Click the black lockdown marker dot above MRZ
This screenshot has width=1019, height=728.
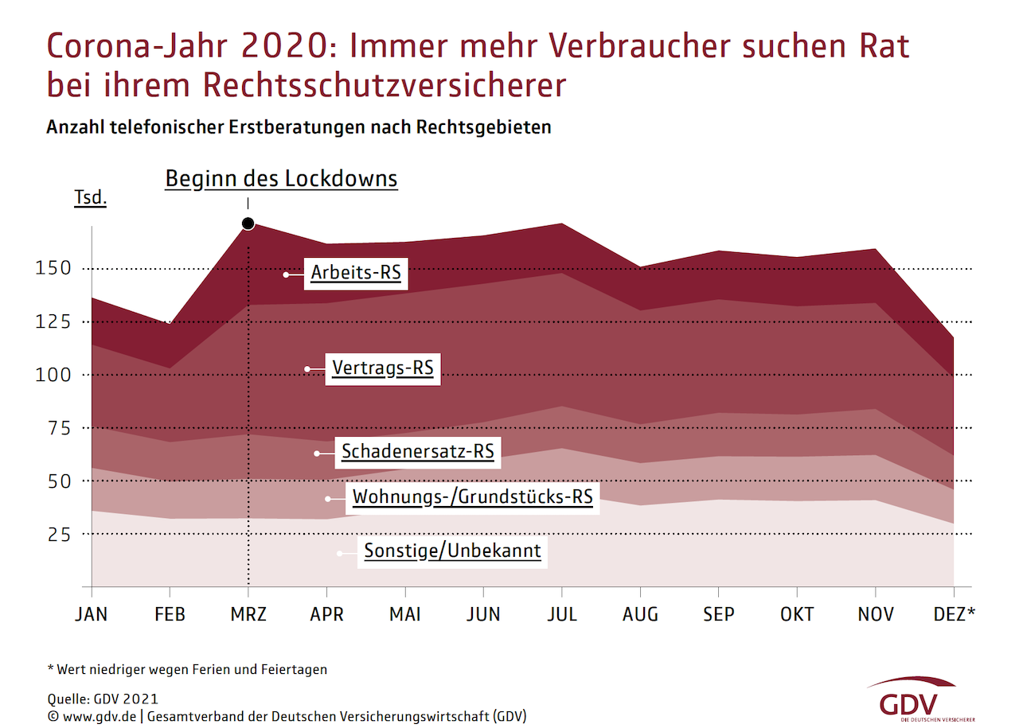[x=248, y=224]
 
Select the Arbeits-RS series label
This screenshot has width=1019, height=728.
[x=356, y=273]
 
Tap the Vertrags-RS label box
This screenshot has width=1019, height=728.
[x=382, y=368]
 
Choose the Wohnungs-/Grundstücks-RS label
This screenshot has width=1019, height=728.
[x=473, y=498]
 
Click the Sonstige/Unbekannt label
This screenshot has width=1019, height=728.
[x=453, y=551]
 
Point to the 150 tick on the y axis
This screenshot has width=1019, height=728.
[x=53, y=269]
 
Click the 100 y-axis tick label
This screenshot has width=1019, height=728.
[x=53, y=375]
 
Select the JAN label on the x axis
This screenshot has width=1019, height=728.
[x=92, y=614]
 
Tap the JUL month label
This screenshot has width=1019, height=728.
[x=562, y=614]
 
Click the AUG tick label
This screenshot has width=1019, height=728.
[x=641, y=614]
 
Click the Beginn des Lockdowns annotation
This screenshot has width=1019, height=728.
[x=281, y=179]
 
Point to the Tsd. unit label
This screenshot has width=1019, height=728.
[x=90, y=198]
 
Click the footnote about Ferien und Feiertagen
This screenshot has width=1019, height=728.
[x=187, y=669]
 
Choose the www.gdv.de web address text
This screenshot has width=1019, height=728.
[x=100, y=715]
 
